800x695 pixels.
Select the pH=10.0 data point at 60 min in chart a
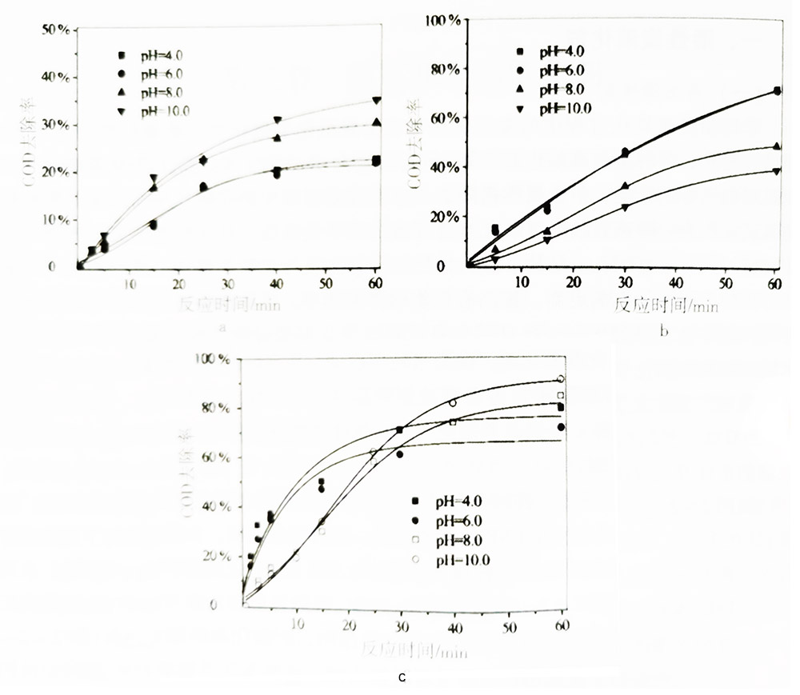[376, 101]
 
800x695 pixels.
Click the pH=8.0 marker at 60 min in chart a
[376, 122]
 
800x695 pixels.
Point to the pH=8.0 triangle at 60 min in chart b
[775, 146]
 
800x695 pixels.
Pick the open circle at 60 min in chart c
[561, 378]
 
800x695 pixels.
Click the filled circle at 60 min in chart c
[561, 427]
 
